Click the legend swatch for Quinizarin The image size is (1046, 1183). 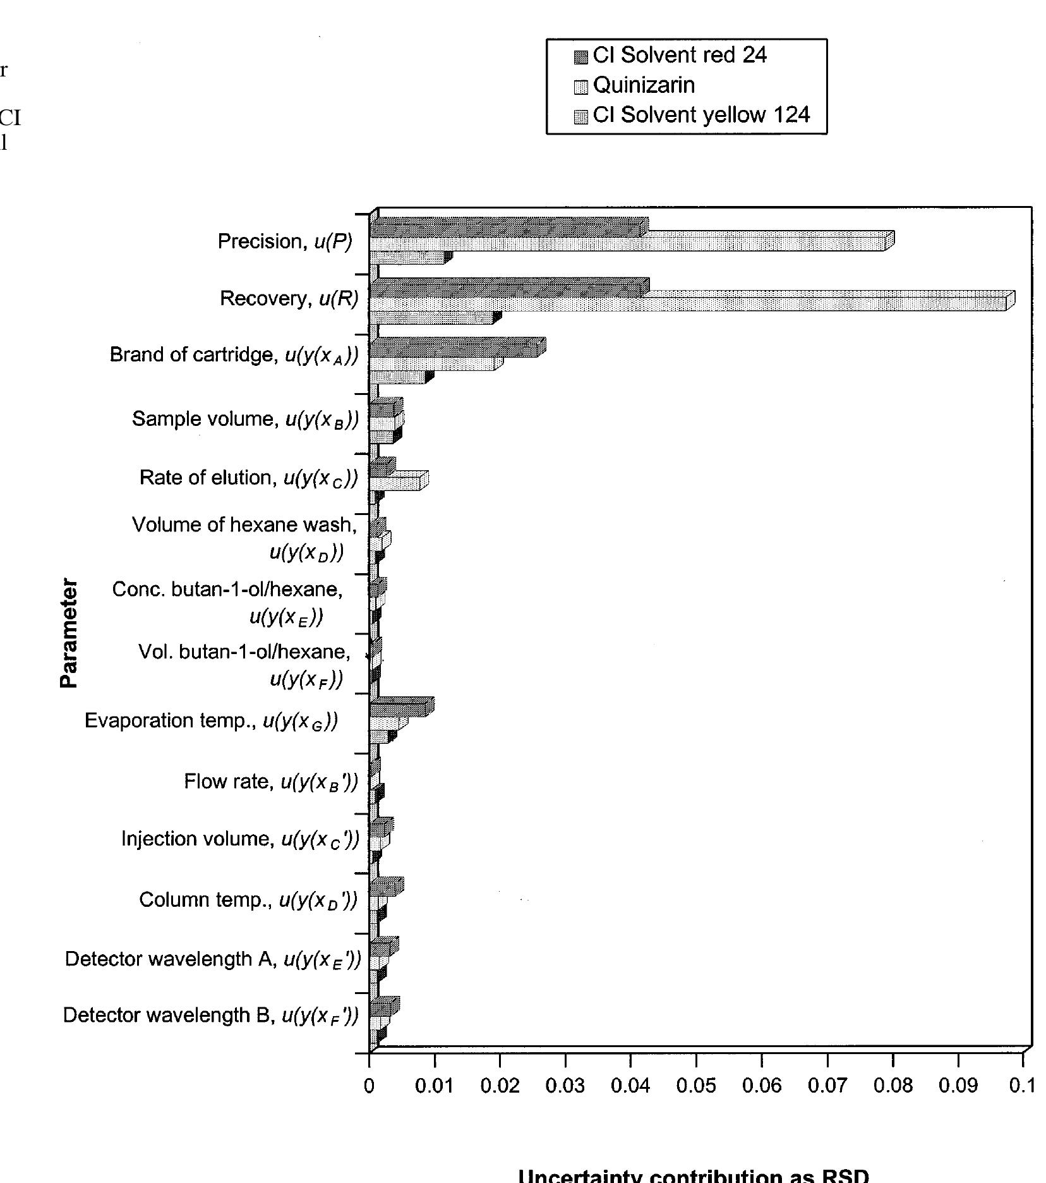[580, 87]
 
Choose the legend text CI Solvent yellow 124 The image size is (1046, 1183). [701, 115]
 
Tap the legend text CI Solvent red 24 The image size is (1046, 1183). [680, 56]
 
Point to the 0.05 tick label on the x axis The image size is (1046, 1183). [696, 1086]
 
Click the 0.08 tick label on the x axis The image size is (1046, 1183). [893, 1086]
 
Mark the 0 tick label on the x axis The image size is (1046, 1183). [370, 1086]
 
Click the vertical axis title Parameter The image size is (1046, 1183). [69, 633]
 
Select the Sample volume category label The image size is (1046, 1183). [245, 420]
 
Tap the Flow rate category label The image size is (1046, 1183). [271, 782]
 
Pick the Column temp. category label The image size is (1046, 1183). [248, 900]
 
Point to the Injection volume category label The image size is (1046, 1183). [240, 839]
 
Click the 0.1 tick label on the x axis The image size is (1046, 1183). [1023, 1086]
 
